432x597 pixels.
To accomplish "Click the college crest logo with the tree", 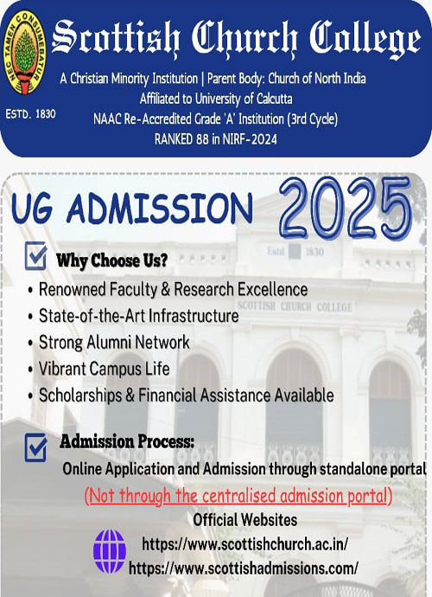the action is pyautogui.click(x=25, y=53).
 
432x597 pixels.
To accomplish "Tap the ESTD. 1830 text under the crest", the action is pyautogui.click(x=30, y=114).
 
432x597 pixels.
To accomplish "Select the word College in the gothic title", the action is pyautogui.click(x=365, y=38).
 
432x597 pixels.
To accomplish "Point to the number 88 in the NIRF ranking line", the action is pyautogui.click(x=202, y=139).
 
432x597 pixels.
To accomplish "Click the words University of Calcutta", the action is pyautogui.click(x=244, y=99).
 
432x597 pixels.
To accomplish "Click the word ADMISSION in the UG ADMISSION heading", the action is pyautogui.click(x=159, y=208).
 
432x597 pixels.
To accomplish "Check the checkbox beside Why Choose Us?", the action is pyautogui.click(x=35, y=256).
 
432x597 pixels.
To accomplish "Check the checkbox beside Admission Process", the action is pyautogui.click(x=35, y=447).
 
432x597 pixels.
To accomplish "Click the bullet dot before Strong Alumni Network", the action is pyautogui.click(x=30, y=343).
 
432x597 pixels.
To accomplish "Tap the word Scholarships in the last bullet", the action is pyautogui.click(x=80, y=395).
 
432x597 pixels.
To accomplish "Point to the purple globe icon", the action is pyautogui.click(x=110, y=551).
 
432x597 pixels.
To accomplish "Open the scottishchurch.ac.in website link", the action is pyautogui.click(x=245, y=543).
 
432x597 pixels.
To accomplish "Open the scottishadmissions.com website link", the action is pyautogui.click(x=244, y=568).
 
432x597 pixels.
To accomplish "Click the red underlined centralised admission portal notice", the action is pyautogui.click(x=238, y=496).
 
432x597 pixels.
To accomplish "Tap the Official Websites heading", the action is pyautogui.click(x=245, y=520).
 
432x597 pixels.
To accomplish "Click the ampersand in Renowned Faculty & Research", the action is pyautogui.click(x=165, y=289).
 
